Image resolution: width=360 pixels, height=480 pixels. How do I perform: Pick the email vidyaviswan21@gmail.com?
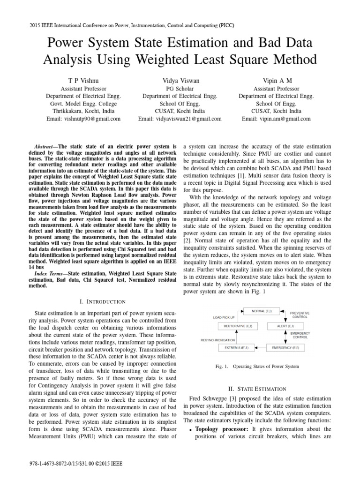click(180, 119)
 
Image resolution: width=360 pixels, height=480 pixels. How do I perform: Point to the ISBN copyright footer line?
click(75, 464)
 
